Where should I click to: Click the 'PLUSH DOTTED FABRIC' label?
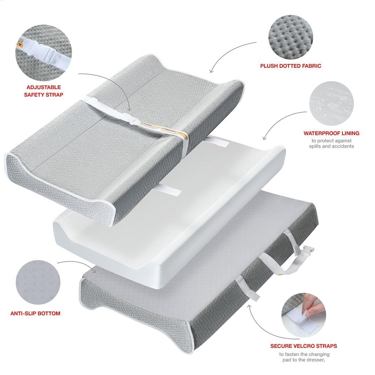click(290, 66)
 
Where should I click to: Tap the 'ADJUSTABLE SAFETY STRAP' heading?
click(44, 91)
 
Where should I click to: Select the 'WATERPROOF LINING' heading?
click(331, 133)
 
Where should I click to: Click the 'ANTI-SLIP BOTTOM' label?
click(36, 313)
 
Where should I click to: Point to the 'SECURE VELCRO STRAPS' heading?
click(304, 346)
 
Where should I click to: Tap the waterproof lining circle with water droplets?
click(331, 103)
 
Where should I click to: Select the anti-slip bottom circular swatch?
click(38, 282)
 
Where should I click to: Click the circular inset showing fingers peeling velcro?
click(304, 315)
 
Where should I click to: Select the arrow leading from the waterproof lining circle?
click(280, 119)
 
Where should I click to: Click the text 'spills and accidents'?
click(331, 146)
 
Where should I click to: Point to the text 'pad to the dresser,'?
click(304, 360)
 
